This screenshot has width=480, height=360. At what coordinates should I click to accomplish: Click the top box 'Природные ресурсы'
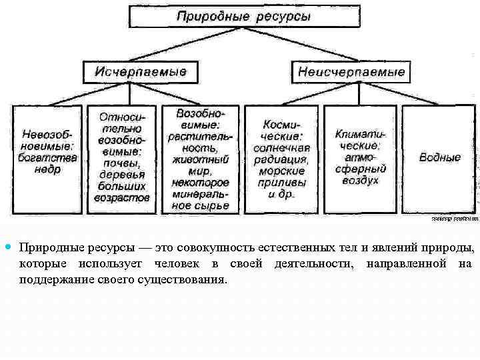(x=243, y=16)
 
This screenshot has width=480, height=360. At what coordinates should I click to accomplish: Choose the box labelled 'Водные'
(x=439, y=158)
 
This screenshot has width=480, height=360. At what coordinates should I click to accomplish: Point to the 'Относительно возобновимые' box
(x=123, y=158)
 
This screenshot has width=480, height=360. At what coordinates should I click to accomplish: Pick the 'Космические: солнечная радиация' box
(x=281, y=158)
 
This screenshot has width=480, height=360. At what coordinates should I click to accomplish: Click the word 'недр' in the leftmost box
(x=48, y=170)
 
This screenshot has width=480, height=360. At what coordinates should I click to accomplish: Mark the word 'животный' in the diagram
(x=200, y=159)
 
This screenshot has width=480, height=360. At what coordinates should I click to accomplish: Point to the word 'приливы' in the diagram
(x=282, y=182)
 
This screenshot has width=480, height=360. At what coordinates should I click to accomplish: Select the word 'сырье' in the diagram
(x=212, y=205)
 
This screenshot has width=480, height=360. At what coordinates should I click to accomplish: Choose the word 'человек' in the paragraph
(x=181, y=264)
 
